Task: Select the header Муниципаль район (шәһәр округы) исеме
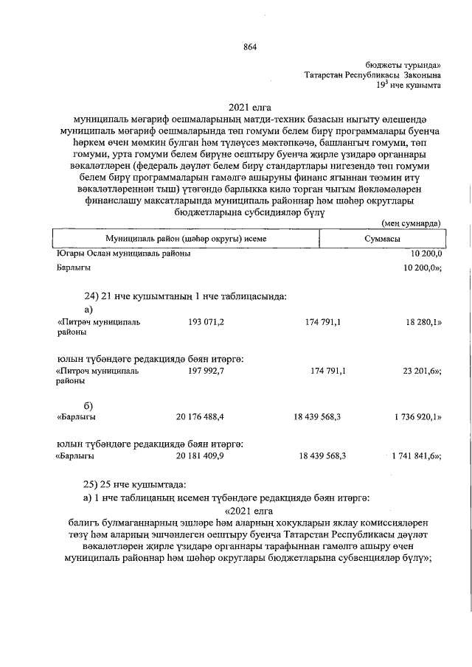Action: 185,240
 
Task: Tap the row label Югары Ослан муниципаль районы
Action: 124,254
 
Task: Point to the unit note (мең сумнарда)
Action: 412,222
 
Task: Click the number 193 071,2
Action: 206,322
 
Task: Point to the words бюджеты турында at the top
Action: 403,66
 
